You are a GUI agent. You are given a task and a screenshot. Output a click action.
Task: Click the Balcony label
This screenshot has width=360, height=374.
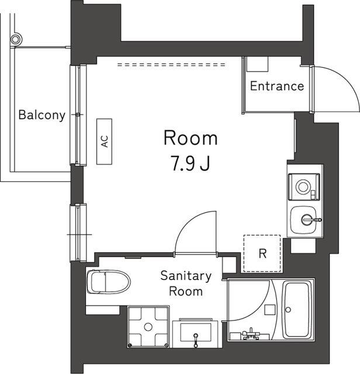click(x=41, y=115)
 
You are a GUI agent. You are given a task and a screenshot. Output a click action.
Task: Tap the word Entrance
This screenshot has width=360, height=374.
click(x=277, y=86)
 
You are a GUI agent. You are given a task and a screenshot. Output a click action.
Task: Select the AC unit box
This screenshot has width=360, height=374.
click(x=104, y=141)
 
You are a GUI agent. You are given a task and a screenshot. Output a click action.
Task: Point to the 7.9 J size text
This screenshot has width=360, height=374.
click(x=191, y=163)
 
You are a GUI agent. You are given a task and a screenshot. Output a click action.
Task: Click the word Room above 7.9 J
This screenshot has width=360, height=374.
click(x=191, y=138)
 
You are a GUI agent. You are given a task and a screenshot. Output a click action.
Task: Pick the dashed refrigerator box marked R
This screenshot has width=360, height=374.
click(x=262, y=253)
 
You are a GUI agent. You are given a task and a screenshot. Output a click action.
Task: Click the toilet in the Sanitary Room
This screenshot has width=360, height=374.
click(x=108, y=282)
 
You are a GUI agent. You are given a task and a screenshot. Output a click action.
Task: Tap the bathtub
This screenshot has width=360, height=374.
click(x=297, y=310)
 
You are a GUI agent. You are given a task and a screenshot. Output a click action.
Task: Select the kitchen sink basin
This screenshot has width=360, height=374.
click(x=303, y=220)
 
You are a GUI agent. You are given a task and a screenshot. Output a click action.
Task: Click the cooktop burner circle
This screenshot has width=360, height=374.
click(x=303, y=186)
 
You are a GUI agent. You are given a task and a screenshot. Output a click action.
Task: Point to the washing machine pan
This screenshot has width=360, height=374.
click(x=148, y=327)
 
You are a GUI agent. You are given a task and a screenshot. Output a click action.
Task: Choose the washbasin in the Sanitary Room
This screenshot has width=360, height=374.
click(x=196, y=332)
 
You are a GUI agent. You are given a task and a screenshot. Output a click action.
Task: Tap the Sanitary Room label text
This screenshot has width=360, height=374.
click(x=186, y=283)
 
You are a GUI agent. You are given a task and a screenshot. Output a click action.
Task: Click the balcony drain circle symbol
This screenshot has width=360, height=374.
click(x=16, y=39)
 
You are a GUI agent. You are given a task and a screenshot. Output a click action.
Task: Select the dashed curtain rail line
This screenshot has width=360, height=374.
click(x=171, y=64)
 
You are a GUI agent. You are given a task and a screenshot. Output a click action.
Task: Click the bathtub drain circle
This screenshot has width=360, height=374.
click(x=288, y=310)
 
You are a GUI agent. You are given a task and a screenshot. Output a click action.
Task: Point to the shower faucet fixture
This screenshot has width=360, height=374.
click(x=251, y=334)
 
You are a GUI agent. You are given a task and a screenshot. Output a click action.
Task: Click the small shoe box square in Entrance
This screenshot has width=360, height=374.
click(x=257, y=64)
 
